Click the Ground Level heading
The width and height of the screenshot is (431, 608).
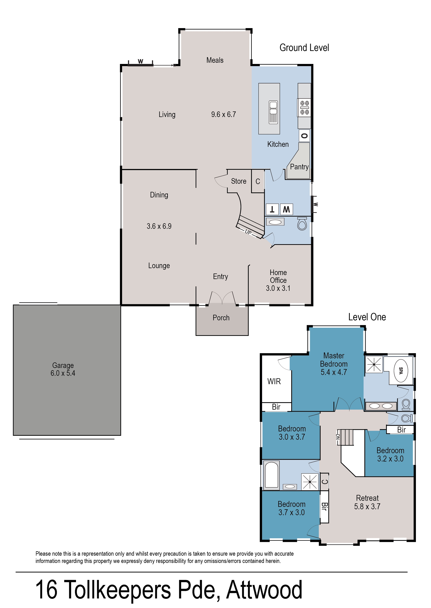(x=304, y=48)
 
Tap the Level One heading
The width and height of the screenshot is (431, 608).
(x=367, y=317)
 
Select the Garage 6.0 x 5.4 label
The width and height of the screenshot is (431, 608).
(x=63, y=369)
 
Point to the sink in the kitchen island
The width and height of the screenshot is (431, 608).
(x=273, y=112)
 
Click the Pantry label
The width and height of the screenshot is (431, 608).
(x=299, y=167)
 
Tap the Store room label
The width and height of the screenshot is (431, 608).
(x=239, y=181)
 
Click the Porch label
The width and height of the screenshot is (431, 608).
(x=221, y=318)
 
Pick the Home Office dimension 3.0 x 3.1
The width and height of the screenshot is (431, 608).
(x=278, y=288)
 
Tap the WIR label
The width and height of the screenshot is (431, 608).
(x=274, y=381)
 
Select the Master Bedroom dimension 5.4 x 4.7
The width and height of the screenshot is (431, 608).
(x=334, y=372)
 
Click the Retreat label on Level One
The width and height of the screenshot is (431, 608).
(x=367, y=498)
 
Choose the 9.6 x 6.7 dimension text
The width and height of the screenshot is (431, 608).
(x=223, y=115)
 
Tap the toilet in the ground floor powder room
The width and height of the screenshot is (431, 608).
(x=302, y=224)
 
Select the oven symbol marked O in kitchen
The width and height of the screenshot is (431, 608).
(x=304, y=136)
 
